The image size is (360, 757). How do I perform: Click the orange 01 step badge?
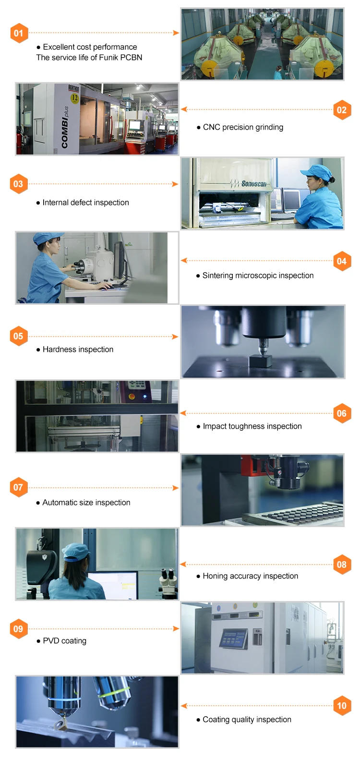point(19,33)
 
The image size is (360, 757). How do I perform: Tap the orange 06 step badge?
point(342,413)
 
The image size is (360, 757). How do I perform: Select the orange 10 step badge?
point(342,705)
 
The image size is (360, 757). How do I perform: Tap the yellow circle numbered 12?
point(74,98)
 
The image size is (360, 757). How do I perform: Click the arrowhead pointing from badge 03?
point(175,184)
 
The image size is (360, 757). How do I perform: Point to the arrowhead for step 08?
point(183,564)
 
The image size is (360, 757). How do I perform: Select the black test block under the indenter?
point(261,360)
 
